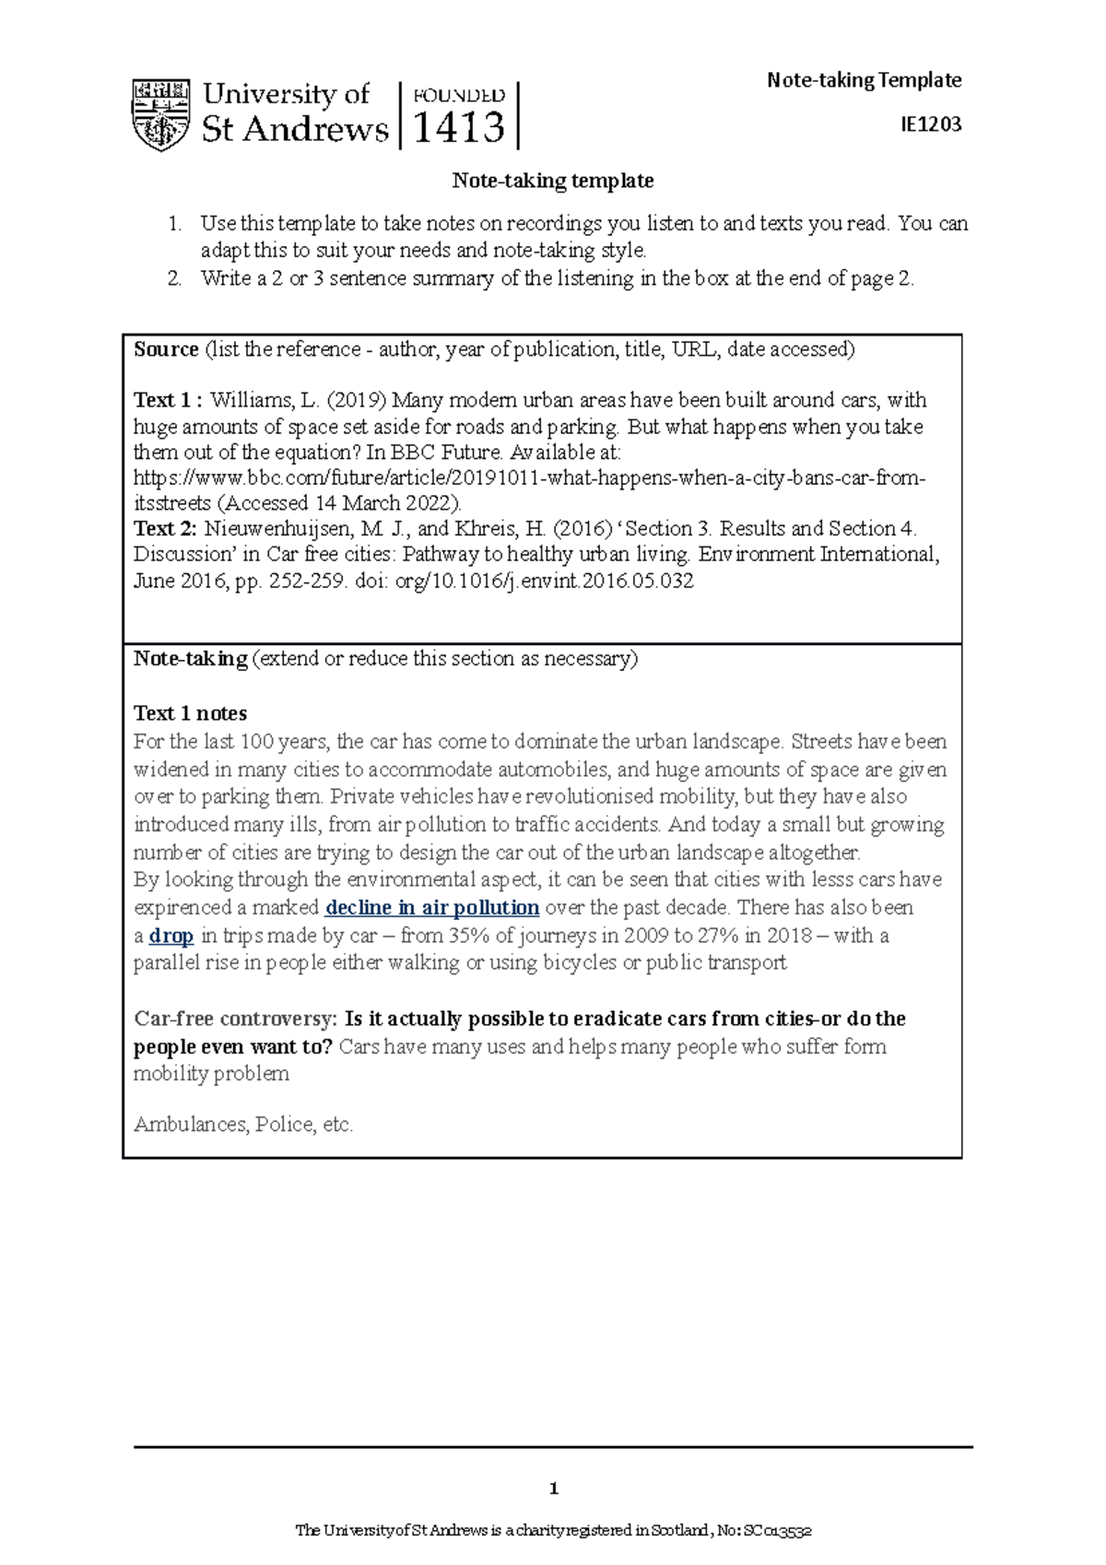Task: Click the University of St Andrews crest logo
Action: [161, 115]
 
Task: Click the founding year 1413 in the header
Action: [459, 127]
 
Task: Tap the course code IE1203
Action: [931, 124]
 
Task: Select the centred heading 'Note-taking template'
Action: [552, 181]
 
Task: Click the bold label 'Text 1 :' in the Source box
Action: [168, 400]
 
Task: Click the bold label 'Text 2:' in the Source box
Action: [166, 529]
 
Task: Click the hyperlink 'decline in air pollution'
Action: [432, 908]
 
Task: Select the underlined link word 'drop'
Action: [171, 935]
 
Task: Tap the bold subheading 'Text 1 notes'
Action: [190, 713]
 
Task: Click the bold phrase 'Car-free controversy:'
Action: [235, 1018]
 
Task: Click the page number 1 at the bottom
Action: [553, 1489]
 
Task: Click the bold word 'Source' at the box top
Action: [166, 349]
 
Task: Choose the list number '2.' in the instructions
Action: [174, 278]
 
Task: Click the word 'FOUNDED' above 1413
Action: [459, 96]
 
